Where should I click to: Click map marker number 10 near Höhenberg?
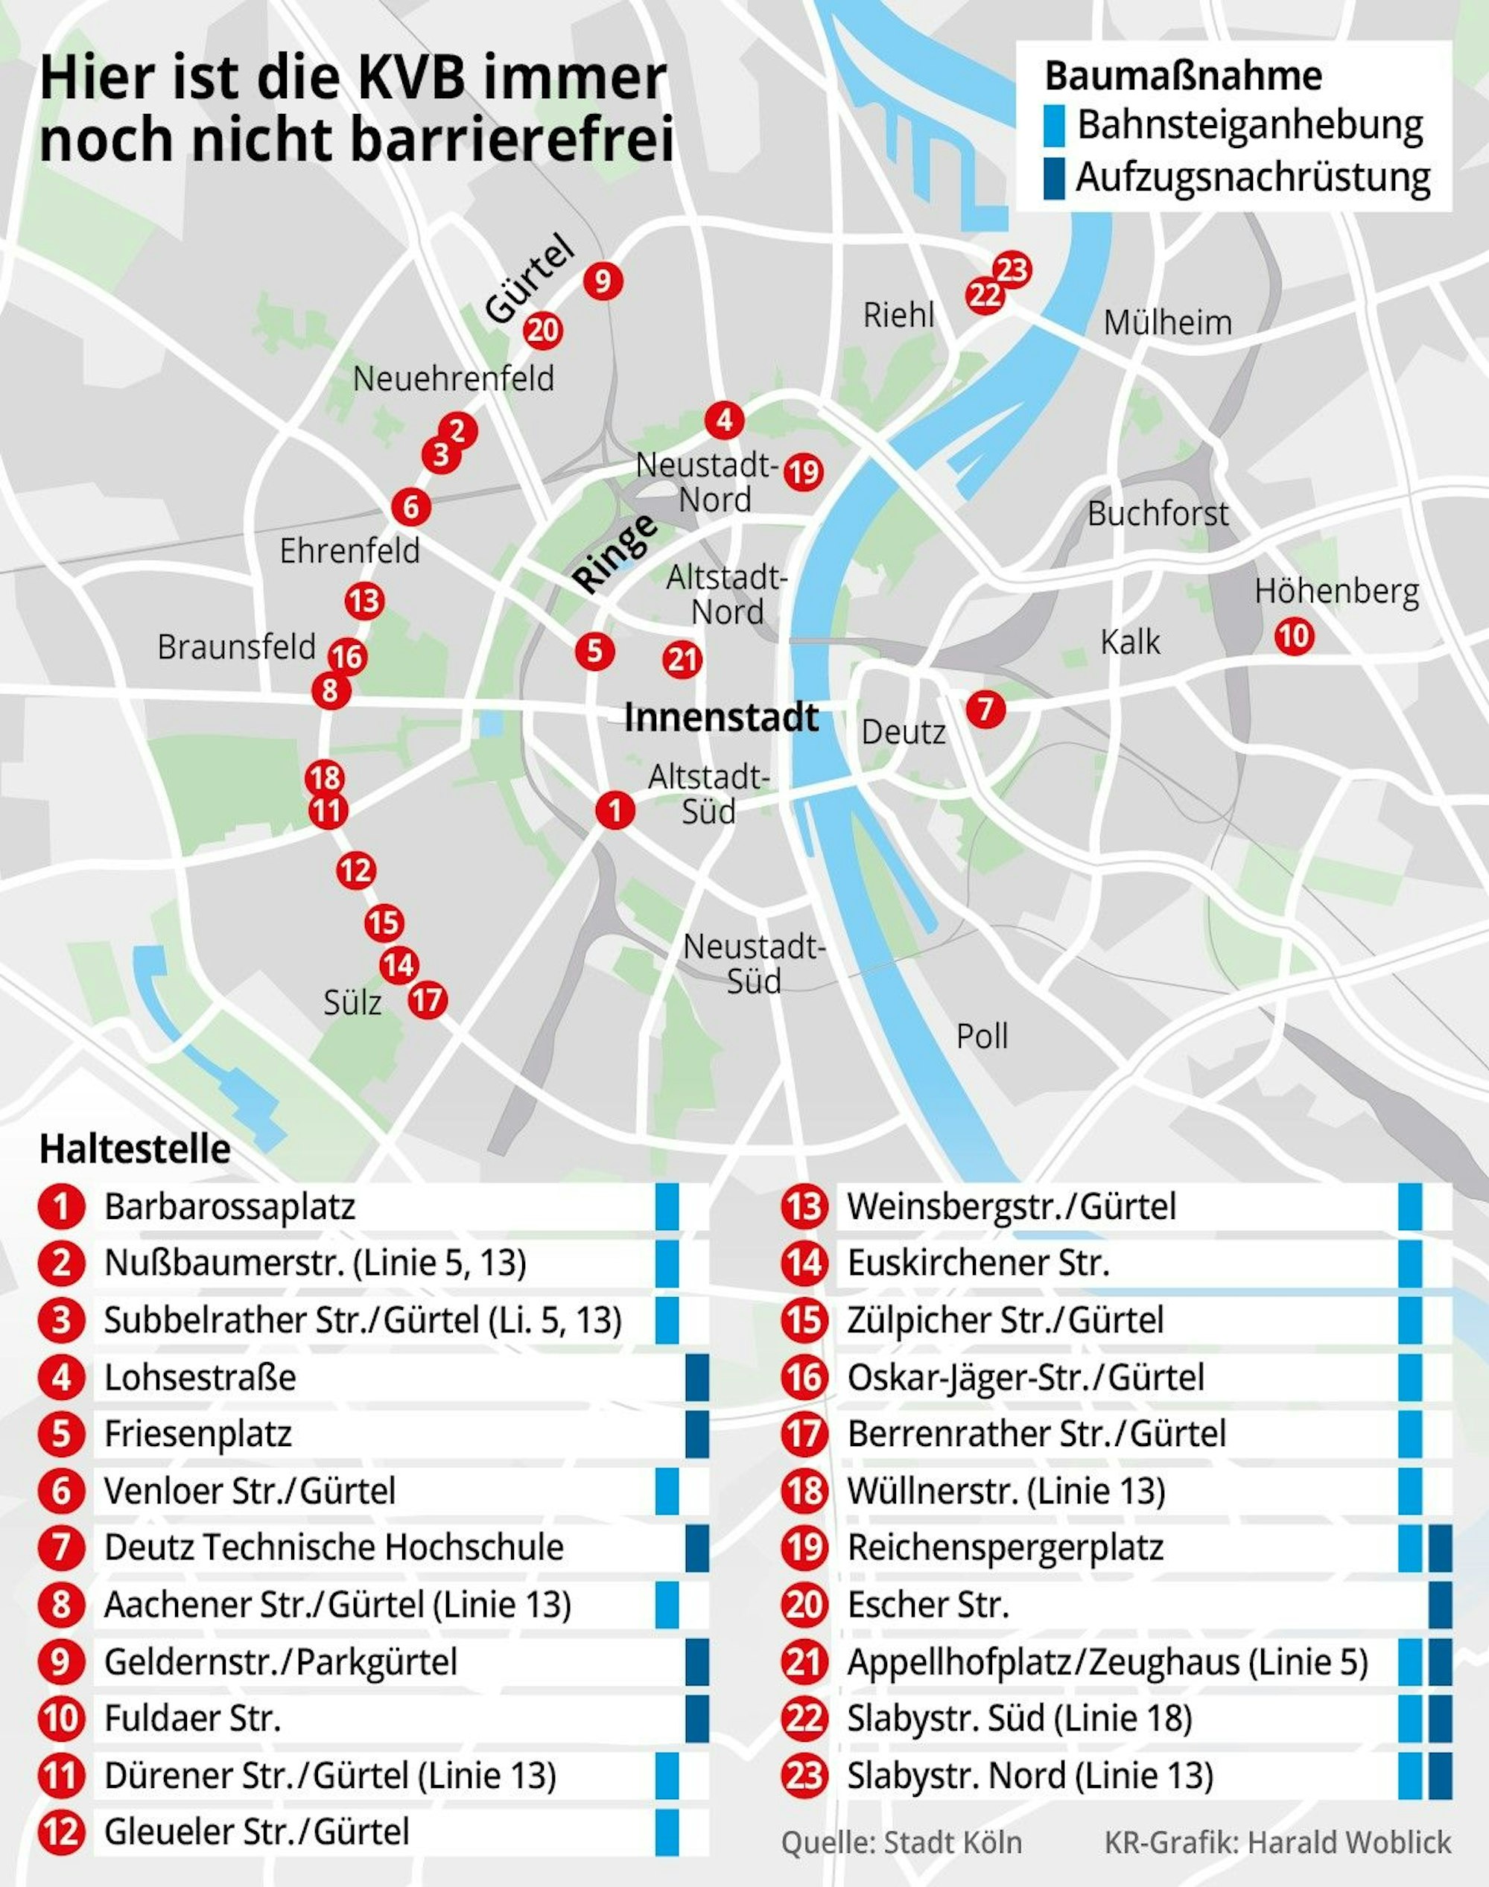(1294, 636)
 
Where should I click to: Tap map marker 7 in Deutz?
(985, 707)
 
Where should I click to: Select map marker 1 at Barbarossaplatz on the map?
(615, 809)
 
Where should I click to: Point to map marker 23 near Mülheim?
(1012, 270)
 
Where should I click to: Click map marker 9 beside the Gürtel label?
(603, 281)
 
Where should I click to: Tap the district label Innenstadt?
(721, 717)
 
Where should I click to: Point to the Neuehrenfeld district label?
(454, 378)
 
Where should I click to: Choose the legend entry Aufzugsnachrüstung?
(1252, 177)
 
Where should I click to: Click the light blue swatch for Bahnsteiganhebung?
(1055, 126)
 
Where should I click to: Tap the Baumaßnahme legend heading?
(1183, 76)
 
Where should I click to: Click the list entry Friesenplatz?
(198, 1433)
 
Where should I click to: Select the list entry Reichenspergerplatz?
(1004, 1547)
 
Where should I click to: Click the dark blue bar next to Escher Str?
(1440, 1604)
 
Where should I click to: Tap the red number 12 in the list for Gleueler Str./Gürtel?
(61, 1831)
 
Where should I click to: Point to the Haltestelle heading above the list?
(135, 1149)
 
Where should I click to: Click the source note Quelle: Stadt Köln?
(901, 1842)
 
